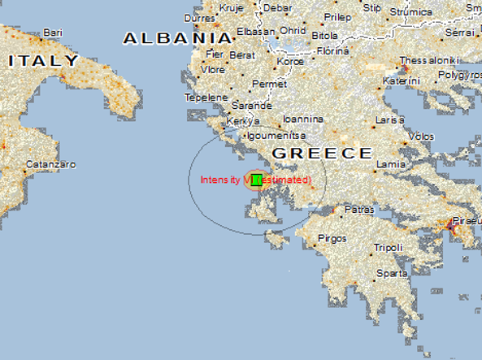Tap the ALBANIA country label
(x=177, y=37)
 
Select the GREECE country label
(x=322, y=153)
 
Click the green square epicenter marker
(x=257, y=180)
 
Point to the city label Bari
(x=54, y=33)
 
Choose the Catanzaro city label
(x=50, y=164)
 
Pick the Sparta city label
(x=393, y=273)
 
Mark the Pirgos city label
(x=332, y=238)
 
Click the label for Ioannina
(x=302, y=119)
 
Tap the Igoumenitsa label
(x=275, y=136)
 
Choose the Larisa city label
(x=389, y=120)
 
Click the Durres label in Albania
(x=200, y=17)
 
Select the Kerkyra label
(x=243, y=121)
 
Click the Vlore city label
(x=212, y=69)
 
